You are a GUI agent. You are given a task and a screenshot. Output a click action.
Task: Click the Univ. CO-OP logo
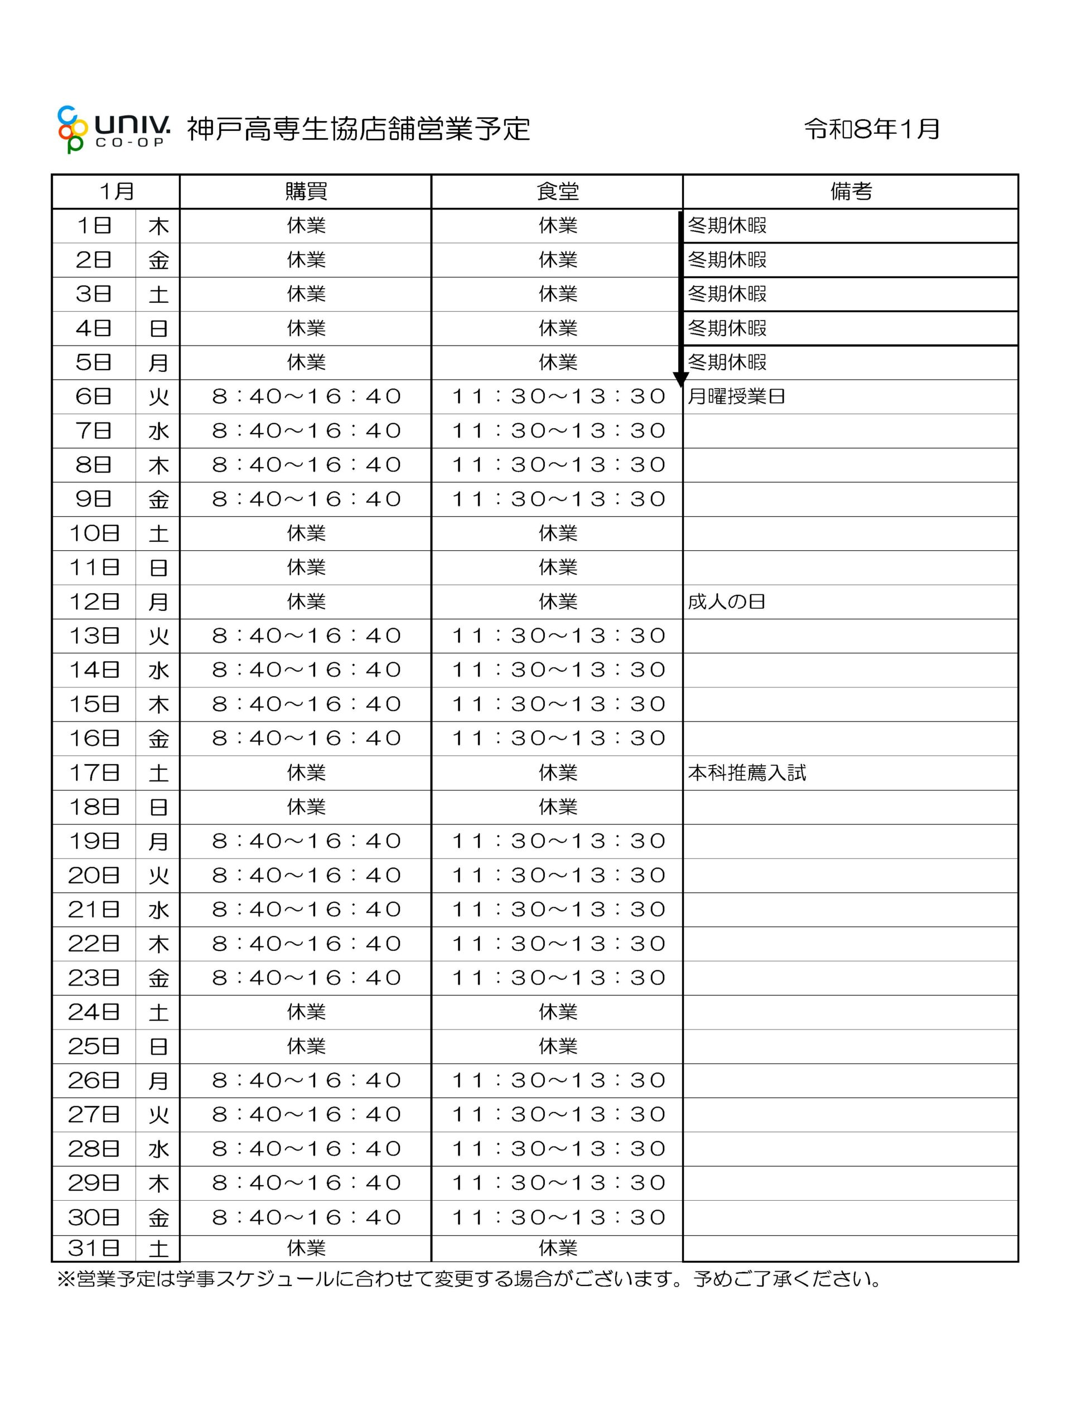114,129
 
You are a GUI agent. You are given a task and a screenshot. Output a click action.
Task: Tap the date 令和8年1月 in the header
871,129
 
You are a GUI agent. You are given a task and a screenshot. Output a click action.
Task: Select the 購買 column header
306,192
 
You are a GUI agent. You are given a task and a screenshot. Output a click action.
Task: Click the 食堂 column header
558,192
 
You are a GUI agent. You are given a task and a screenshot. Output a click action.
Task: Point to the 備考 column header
851,192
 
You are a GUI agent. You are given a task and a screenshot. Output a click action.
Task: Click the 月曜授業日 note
736,396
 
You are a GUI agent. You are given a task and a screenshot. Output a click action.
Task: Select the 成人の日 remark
726,602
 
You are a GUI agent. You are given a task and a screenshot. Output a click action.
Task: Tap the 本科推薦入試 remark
747,773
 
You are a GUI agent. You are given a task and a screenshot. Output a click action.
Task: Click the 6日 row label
94,396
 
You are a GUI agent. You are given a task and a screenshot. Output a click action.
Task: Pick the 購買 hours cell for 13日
306,636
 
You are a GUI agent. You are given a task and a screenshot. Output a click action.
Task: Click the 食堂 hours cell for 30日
558,1217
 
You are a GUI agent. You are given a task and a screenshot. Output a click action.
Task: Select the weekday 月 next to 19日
158,841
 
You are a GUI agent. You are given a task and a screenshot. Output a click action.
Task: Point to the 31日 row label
94,1248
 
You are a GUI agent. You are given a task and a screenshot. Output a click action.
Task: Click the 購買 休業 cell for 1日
306,226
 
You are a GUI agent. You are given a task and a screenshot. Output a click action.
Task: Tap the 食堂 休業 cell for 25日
558,1046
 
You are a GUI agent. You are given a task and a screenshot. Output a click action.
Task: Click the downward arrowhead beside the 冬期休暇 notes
681,380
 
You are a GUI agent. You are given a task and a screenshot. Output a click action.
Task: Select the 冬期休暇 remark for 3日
727,294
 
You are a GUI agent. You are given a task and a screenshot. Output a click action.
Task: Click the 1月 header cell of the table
116,192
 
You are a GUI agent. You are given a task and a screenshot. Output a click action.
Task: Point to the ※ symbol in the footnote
66,1279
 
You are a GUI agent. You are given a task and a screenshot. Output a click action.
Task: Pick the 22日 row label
94,944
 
